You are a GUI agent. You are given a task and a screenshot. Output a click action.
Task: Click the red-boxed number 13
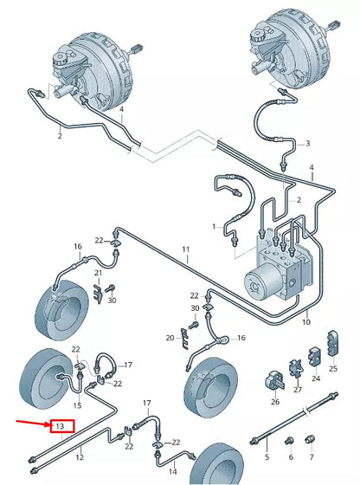click(60, 426)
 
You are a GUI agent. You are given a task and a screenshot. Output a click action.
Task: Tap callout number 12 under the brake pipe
click(80, 456)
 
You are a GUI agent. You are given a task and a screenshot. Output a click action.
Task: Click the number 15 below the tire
click(77, 405)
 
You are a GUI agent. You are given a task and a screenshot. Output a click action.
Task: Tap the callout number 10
click(305, 322)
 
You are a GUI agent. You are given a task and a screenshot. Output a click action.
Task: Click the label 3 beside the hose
click(307, 143)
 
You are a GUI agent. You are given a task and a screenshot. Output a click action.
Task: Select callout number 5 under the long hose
click(267, 456)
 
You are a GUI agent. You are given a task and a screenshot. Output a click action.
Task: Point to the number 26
click(275, 401)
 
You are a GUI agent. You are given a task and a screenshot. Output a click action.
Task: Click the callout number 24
click(315, 378)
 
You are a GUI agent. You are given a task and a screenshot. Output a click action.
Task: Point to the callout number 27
click(297, 390)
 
